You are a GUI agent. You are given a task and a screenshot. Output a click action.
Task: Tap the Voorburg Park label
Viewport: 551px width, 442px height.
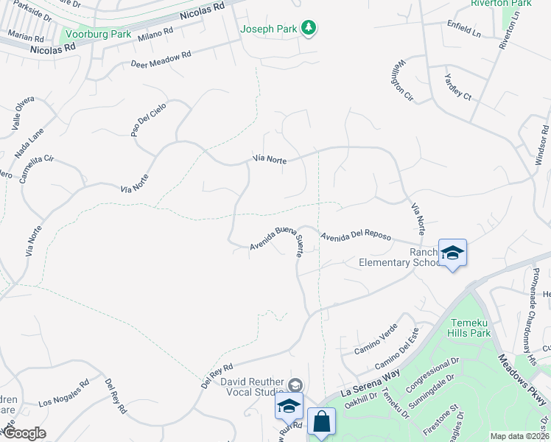(98, 34)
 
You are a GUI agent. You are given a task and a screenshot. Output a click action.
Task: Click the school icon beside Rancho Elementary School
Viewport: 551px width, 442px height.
(452, 253)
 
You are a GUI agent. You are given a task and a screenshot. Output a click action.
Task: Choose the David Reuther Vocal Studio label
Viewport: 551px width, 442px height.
(252, 387)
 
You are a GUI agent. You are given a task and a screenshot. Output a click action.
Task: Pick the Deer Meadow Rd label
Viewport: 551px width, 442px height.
(161, 59)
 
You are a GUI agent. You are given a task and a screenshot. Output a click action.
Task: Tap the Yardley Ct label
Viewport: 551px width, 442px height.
(457, 86)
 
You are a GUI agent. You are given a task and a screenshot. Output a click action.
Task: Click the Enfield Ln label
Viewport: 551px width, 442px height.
(464, 29)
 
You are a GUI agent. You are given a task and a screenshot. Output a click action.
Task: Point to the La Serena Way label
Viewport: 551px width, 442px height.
(371, 382)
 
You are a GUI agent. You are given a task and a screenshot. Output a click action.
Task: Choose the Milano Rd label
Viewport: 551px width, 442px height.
(155, 35)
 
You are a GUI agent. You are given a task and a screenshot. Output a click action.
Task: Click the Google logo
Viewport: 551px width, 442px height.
(24, 432)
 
